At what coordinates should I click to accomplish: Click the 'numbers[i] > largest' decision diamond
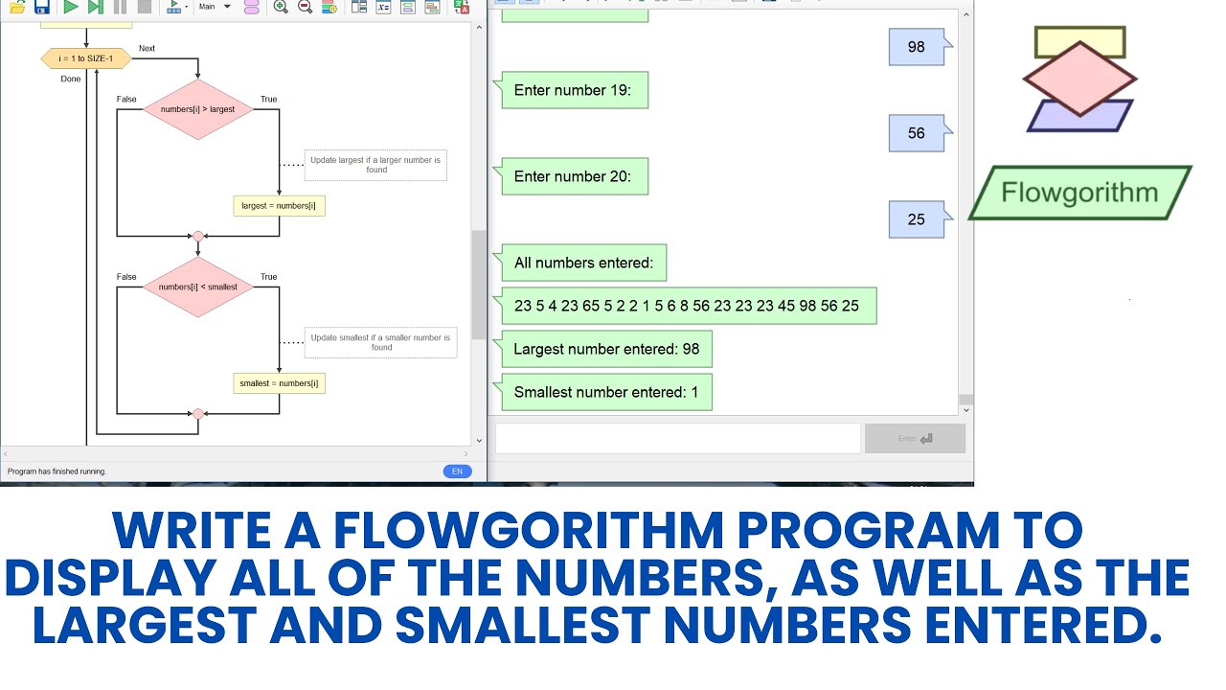[197, 109]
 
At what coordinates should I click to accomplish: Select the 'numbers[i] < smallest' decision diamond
[197, 287]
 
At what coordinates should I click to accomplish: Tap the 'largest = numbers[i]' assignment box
[279, 205]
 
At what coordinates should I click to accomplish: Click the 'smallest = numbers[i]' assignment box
[279, 383]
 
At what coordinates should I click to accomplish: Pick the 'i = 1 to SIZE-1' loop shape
[85, 58]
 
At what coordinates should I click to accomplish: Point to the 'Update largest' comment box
[375, 165]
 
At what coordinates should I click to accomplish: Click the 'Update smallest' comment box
[381, 342]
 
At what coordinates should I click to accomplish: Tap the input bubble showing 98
[917, 47]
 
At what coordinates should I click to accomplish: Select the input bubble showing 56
[917, 133]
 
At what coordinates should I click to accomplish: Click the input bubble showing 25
[917, 219]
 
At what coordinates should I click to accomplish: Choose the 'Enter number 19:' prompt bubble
[572, 90]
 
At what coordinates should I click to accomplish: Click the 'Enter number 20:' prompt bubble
[572, 176]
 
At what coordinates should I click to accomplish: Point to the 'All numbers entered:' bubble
[582, 263]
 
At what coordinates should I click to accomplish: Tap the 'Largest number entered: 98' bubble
[605, 349]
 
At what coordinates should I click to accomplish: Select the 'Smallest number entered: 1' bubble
[605, 392]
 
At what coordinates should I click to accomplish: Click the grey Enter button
[915, 438]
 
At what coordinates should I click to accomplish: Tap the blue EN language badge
[457, 471]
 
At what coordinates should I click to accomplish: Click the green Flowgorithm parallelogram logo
[1079, 193]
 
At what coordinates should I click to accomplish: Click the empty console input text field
[677, 438]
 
